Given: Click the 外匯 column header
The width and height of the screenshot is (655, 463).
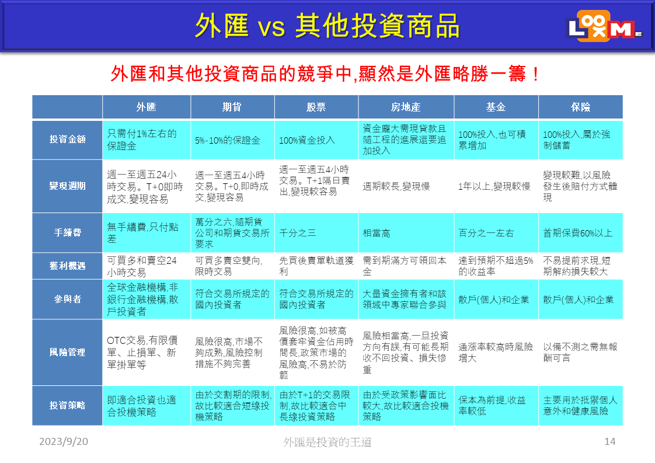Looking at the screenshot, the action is (146, 107).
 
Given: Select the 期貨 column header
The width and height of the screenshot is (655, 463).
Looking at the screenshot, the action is (232, 107).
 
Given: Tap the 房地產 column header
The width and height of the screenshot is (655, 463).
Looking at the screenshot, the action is (406, 107).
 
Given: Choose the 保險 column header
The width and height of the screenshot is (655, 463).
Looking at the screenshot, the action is (580, 107).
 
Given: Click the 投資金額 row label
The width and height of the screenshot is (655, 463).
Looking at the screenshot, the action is (67, 139).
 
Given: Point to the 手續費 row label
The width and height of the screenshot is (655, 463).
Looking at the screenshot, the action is (67, 232).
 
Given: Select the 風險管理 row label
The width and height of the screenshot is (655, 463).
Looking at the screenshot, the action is (67, 352).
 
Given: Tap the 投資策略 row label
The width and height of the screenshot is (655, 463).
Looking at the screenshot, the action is (67, 405).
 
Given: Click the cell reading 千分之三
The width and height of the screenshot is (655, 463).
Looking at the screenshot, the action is (297, 233).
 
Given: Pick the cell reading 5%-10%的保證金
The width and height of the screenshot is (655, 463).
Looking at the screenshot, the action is (228, 140).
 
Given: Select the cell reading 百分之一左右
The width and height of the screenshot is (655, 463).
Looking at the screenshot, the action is (486, 233).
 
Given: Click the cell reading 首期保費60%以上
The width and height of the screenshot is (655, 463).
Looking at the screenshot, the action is (578, 233).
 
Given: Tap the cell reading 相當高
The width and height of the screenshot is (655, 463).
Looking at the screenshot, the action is (377, 233).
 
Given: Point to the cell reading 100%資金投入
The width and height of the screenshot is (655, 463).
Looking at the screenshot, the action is (307, 140).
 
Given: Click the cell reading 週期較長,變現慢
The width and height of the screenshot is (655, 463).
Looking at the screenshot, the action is (396, 186).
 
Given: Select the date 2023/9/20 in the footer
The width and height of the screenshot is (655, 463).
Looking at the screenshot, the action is (64, 441).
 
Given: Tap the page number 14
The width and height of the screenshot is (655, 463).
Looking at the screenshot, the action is (610, 441).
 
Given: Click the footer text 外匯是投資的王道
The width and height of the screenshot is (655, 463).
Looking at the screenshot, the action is (327, 441).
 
